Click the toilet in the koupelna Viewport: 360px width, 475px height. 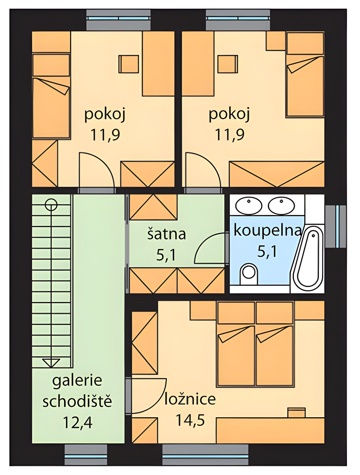[249, 274]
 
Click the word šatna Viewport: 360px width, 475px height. [167, 234]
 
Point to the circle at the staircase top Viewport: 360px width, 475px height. [51, 205]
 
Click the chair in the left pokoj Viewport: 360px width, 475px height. [129, 64]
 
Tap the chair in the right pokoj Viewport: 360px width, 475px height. [228, 64]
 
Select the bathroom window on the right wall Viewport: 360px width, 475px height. [336, 226]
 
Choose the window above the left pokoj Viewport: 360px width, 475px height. [118, 20]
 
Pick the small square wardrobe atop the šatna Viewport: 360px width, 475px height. [153, 207]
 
